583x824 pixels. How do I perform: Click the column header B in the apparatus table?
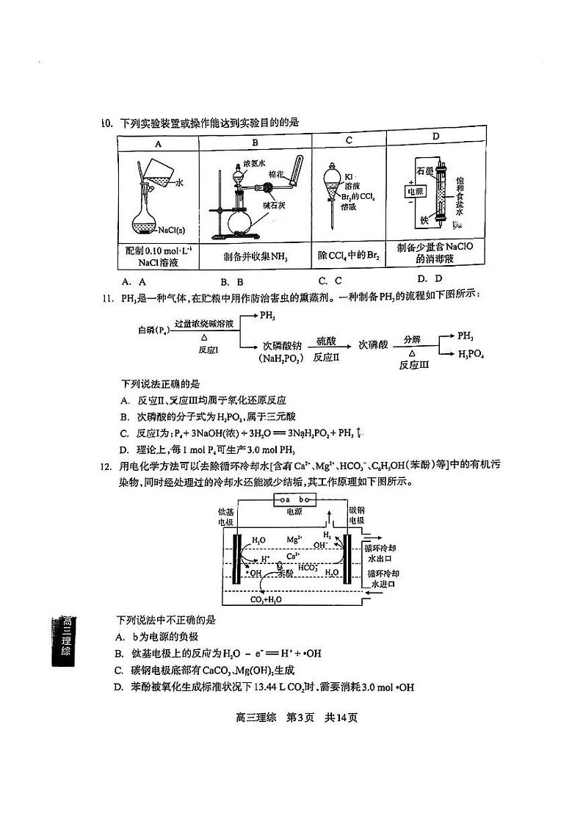tap(255, 142)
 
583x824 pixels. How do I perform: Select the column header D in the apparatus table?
tap(435, 137)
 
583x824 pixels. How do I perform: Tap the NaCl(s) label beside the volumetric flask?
tap(171, 229)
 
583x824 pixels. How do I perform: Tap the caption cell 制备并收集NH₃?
tap(255, 257)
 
